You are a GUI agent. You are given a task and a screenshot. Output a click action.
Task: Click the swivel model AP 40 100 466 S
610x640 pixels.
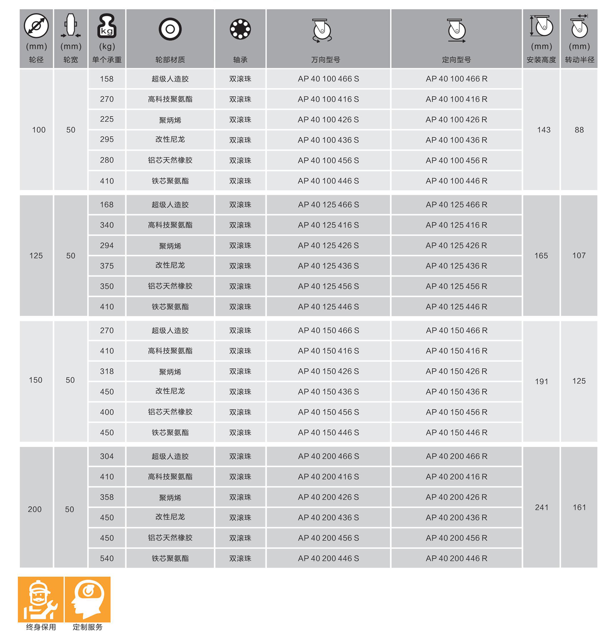(x=328, y=79)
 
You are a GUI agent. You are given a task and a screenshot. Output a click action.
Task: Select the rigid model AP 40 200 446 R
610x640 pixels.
(x=456, y=558)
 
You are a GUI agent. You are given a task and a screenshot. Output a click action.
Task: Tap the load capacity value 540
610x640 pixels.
(x=107, y=558)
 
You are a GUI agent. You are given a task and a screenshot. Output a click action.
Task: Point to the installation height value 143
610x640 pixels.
(x=543, y=130)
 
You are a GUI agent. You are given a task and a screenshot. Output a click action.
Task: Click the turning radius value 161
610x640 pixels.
(x=579, y=507)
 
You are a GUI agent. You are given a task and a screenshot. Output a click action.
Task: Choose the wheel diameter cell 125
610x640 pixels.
(x=36, y=256)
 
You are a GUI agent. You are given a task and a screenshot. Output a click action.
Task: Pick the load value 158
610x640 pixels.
(x=107, y=79)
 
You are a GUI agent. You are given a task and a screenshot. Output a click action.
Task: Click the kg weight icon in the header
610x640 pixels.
(x=107, y=26)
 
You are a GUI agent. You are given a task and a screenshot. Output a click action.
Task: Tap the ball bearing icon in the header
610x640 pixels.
(x=240, y=29)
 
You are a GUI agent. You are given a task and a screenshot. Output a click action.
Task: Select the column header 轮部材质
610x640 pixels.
(x=170, y=60)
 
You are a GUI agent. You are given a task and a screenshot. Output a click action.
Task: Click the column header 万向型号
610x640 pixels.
(x=325, y=60)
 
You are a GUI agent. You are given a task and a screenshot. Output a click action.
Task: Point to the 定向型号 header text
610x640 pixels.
(x=456, y=60)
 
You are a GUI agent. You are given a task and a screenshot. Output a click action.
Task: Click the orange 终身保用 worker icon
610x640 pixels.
(x=41, y=599)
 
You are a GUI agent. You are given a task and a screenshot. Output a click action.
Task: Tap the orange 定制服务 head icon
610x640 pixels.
(x=88, y=599)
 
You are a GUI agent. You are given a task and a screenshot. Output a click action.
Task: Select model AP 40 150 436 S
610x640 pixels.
(x=328, y=392)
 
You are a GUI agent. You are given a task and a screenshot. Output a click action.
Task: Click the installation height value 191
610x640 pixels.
(x=541, y=381)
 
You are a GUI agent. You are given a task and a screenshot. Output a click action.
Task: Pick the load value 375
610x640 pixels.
(x=107, y=266)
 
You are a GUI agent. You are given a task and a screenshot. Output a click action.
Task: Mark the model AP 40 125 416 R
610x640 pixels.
(x=456, y=225)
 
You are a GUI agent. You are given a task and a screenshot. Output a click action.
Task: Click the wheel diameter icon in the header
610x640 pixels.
(x=36, y=26)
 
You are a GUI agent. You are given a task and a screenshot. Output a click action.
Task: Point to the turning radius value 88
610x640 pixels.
(x=579, y=130)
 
